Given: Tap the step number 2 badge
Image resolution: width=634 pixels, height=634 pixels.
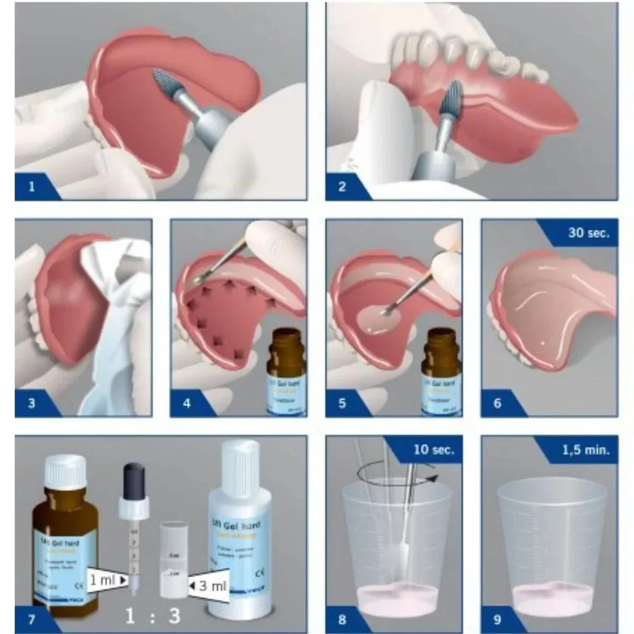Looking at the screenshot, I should click(x=342, y=188).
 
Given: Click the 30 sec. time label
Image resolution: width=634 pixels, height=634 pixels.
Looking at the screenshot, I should click(x=588, y=233).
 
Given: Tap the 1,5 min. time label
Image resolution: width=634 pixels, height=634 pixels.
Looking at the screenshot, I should click(x=586, y=450).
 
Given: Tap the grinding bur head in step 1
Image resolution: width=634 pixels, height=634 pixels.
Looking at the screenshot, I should click(x=167, y=86).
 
